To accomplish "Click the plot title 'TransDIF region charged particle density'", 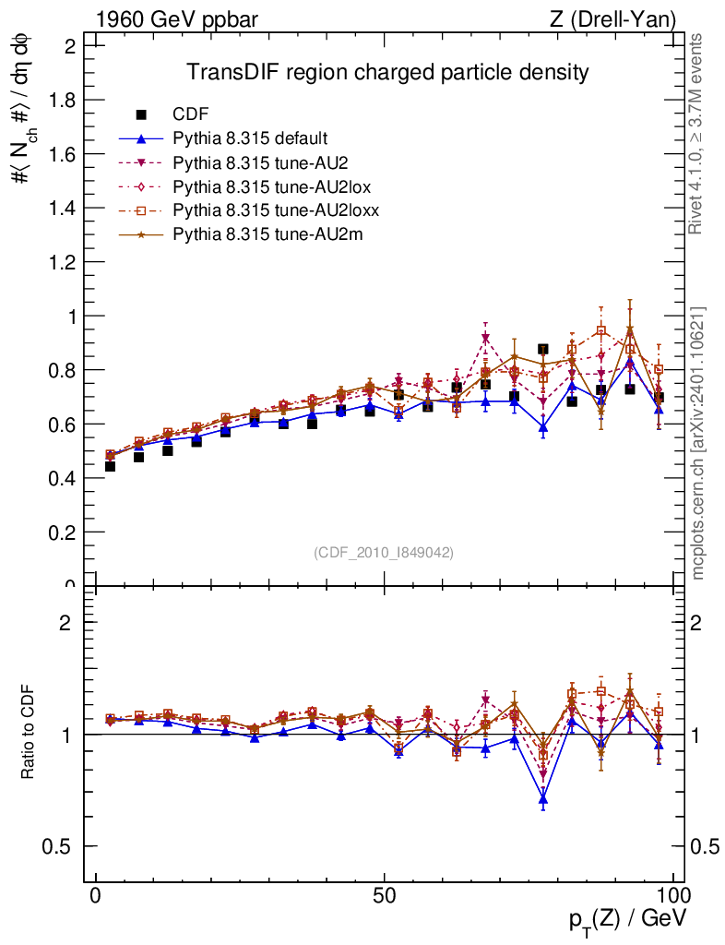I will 387,72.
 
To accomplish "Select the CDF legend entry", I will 191,114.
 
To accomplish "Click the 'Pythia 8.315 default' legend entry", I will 250,138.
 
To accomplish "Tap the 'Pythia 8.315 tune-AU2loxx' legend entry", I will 276,210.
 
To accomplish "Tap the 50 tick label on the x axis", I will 385,896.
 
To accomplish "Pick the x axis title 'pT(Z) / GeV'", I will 627,920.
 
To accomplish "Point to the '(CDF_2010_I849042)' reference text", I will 384,552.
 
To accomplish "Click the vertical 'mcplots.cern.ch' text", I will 697,443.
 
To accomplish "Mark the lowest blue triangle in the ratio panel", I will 543,799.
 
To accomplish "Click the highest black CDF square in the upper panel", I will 543,350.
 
